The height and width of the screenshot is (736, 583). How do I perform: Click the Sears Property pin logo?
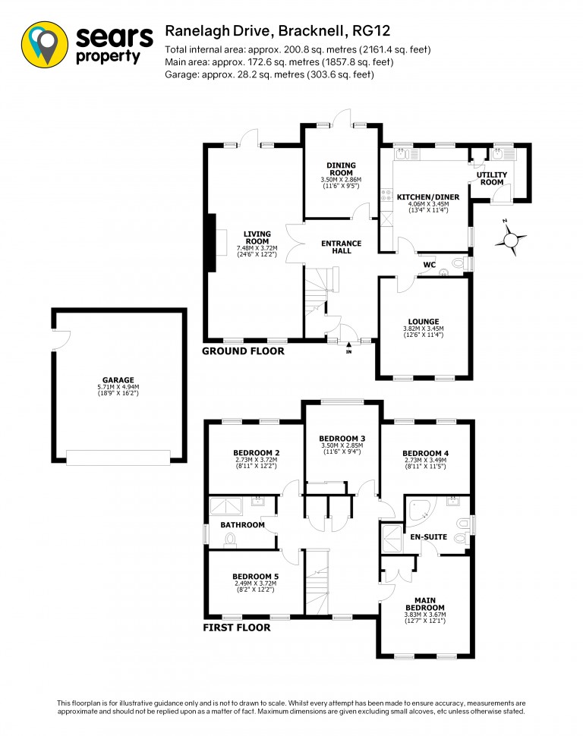point(45,44)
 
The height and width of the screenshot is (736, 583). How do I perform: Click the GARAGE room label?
point(118,379)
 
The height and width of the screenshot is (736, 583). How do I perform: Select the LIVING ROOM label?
point(257,237)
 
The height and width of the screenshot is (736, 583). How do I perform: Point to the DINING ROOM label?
point(341,169)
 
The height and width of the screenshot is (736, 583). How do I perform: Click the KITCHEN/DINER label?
point(428,197)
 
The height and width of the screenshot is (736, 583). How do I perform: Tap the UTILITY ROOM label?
point(492,178)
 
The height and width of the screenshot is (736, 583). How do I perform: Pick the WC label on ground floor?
point(430,265)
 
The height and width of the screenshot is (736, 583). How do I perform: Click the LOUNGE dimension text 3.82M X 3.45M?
point(424,329)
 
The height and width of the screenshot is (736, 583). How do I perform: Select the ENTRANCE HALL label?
point(342,247)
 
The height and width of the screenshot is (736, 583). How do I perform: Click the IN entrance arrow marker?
point(348,348)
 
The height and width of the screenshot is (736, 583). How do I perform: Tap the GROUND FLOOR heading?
point(243,351)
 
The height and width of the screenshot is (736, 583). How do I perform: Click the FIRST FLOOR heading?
point(237,627)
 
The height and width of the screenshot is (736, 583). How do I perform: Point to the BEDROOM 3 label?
point(342,439)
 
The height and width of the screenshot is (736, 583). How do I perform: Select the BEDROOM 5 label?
point(256,577)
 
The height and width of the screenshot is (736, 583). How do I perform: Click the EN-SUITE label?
point(429,536)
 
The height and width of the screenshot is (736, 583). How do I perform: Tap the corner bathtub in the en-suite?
point(422,509)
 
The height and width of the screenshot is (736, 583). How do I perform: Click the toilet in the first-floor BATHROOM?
point(230,541)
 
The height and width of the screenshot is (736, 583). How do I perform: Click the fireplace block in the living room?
point(211,242)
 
